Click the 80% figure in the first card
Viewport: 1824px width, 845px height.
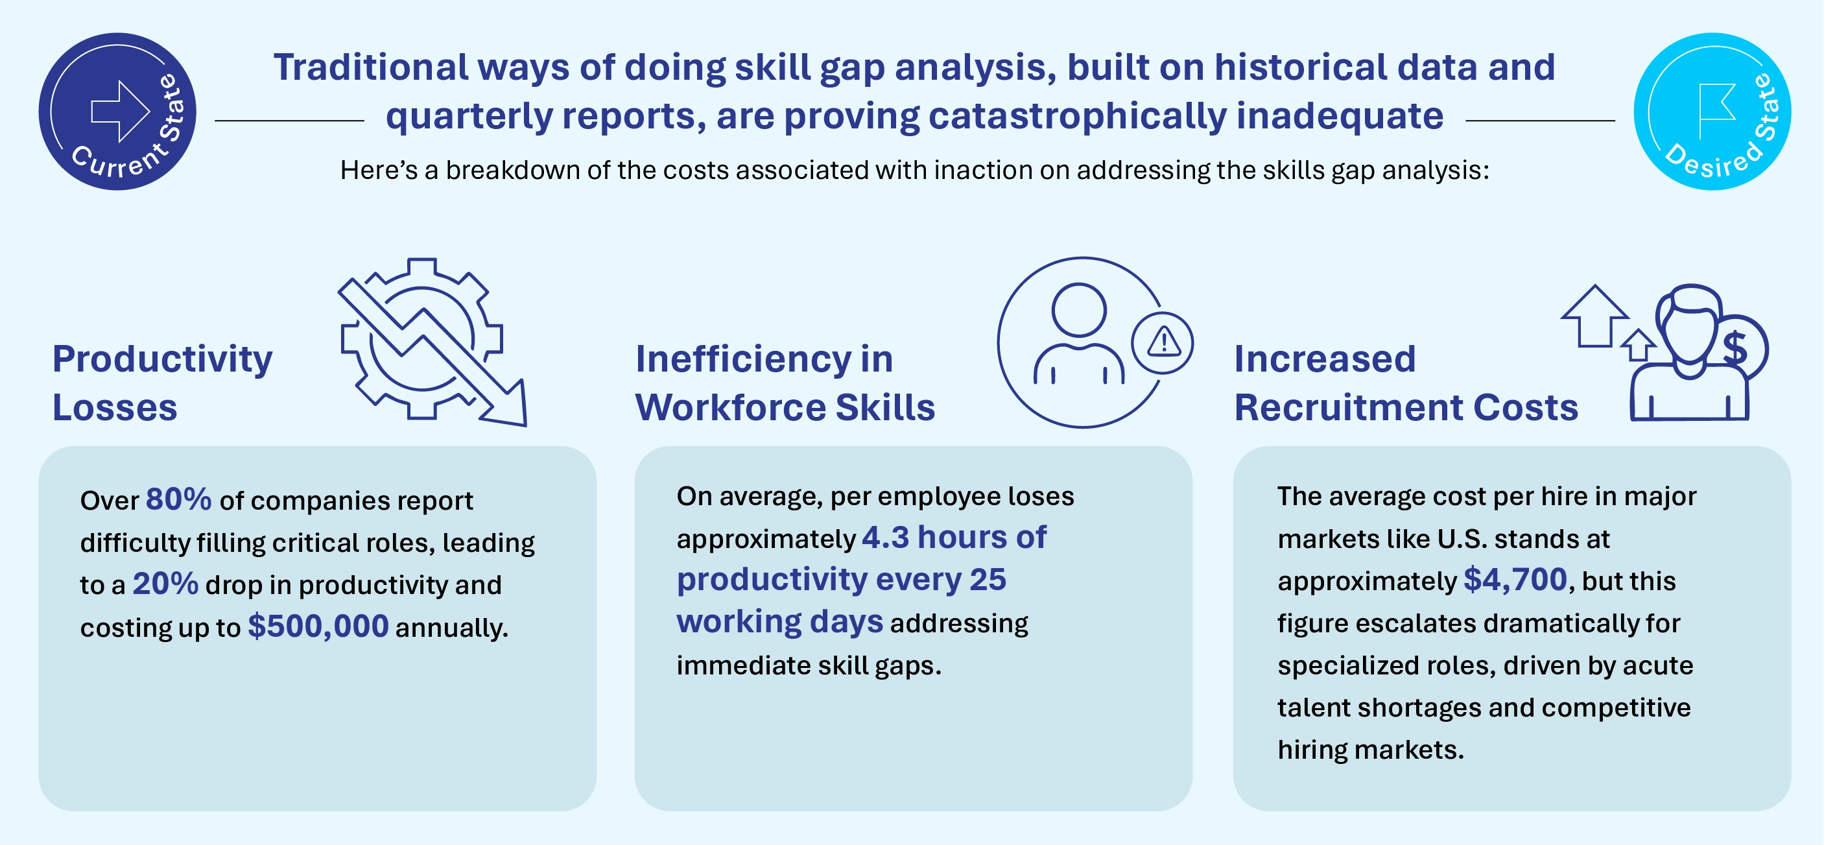pyautogui.click(x=178, y=499)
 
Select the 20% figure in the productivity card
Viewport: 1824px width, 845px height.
pyautogui.click(x=165, y=584)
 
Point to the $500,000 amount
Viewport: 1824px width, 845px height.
pyautogui.click(x=318, y=626)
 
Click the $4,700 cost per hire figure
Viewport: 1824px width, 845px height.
pyautogui.click(x=1515, y=580)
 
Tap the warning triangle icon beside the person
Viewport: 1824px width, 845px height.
pyautogui.click(x=1163, y=343)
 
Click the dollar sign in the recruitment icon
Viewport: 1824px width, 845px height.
pyautogui.click(x=1735, y=348)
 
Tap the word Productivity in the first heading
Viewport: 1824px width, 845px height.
pyautogui.click(x=162, y=359)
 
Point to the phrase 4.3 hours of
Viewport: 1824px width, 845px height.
pyautogui.click(x=953, y=538)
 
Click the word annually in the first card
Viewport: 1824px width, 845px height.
pyautogui.click(x=451, y=628)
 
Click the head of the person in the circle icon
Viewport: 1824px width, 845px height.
pyautogui.click(x=1078, y=309)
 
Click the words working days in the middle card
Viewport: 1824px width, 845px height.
pyautogui.click(x=779, y=622)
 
